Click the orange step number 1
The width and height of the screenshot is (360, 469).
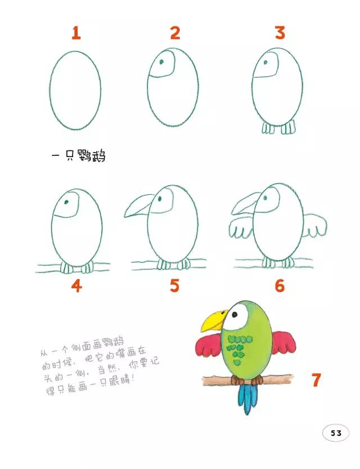pyautogui.click(x=76, y=33)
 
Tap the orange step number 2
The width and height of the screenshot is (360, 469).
pyautogui.click(x=175, y=33)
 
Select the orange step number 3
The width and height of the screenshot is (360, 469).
pyautogui.click(x=280, y=33)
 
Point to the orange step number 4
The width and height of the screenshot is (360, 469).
pyautogui.click(x=76, y=286)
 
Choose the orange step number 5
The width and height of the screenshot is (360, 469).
pyautogui.click(x=175, y=286)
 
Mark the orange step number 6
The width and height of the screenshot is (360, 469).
pyautogui.click(x=280, y=286)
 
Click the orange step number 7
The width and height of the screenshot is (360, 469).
pyautogui.click(x=316, y=380)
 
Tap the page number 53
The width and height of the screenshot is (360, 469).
pyautogui.click(x=336, y=433)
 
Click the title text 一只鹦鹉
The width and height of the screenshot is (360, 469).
pyautogui.click(x=78, y=155)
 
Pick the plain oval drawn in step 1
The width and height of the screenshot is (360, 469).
pyautogui.click(x=75, y=90)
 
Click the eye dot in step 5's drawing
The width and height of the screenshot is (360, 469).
pyautogui.click(x=161, y=199)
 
